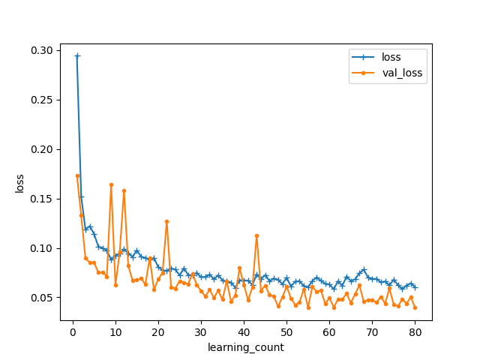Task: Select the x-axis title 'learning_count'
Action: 246,347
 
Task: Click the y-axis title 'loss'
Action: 19,183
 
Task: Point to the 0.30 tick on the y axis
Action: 43,50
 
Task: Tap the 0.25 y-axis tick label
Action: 43,100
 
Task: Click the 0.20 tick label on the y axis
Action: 43,149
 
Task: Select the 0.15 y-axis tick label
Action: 43,199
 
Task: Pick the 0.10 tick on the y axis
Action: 43,248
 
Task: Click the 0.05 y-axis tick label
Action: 43,298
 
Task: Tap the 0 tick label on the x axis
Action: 73,331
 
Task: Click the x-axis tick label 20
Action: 158,331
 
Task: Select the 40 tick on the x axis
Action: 244,331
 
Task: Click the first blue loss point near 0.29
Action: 77,55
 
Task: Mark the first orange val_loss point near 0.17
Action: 77,175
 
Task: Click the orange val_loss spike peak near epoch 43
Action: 256,235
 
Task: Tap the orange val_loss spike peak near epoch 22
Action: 166,221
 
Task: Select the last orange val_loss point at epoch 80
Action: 415,307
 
